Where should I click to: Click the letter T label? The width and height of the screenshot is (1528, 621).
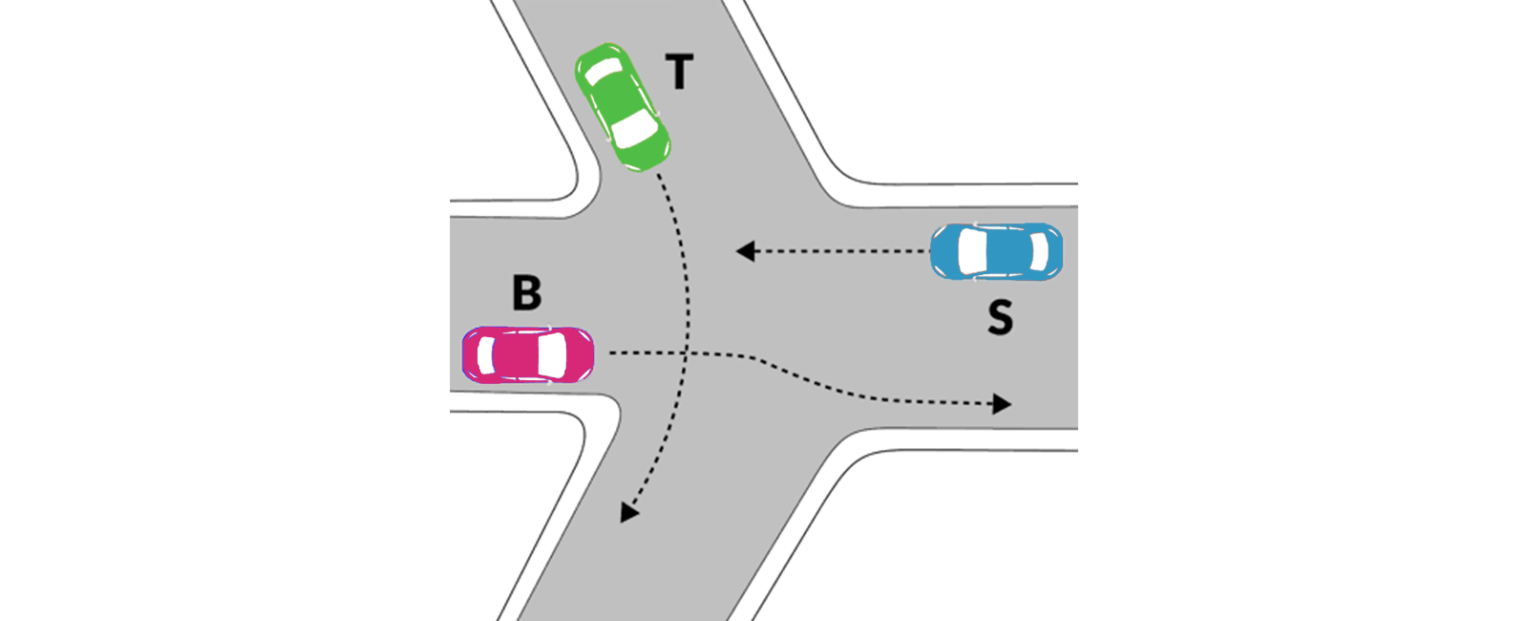point(679,72)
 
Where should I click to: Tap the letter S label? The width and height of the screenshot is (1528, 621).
point(1000,317)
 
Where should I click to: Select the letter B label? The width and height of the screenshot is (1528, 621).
point(526,292)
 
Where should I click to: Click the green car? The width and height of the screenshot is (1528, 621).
point(623,107)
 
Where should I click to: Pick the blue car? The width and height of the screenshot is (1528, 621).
point(997,251)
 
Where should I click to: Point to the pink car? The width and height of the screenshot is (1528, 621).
point(528,354)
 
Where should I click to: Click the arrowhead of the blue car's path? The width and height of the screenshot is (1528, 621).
point(745,251)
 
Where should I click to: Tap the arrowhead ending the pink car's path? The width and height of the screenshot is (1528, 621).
point(1002,404)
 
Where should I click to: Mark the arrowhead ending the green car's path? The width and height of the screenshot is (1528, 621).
point(627,512)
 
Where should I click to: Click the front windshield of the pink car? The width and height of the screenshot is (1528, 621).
point(552,354)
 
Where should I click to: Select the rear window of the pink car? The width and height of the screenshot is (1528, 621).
point(486,355)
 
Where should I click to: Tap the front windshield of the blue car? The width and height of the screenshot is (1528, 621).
point(972,251)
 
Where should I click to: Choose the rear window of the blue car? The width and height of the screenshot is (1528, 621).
point(1039,251)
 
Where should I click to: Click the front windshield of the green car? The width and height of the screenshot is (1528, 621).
point(634,129)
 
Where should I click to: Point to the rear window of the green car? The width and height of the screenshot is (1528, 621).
point(603,71)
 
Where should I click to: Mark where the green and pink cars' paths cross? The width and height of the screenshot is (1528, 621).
point(686,353)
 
